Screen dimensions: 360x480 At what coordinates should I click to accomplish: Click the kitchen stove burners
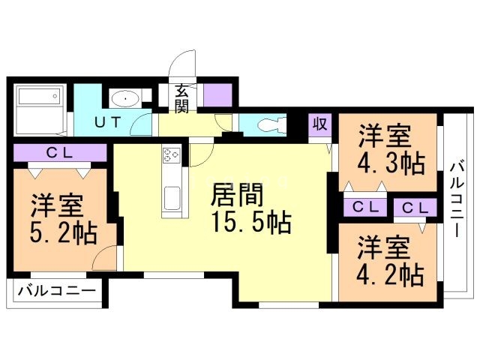170,156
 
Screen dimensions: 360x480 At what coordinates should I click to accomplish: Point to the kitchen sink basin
170,199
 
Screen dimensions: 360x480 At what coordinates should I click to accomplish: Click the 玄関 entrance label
182,98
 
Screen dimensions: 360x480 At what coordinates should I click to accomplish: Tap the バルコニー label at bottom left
55,290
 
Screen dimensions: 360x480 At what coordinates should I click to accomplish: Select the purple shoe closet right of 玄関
217,95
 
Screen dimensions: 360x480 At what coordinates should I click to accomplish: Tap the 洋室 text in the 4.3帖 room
383,135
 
